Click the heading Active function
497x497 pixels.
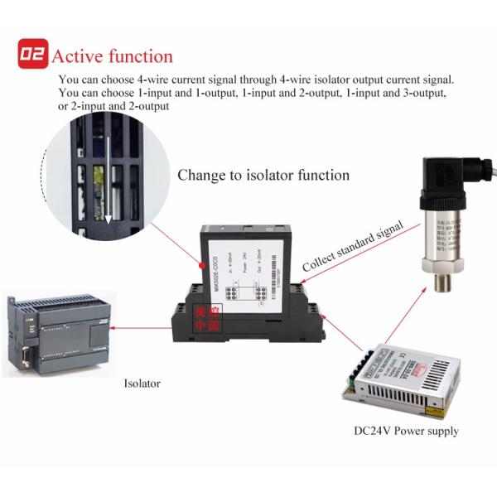[x=112, y=56]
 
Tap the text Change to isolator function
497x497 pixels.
[x=263, y=176]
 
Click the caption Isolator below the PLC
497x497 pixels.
[x=142, y=384]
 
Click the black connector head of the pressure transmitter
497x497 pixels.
[x=438, y=181]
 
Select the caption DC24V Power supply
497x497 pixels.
[x=406, y=431]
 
